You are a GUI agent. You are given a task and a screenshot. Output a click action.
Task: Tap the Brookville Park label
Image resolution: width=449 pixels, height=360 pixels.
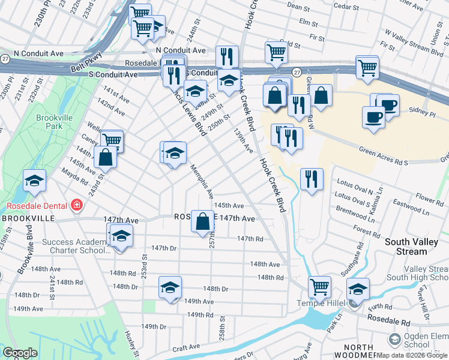[49, 122]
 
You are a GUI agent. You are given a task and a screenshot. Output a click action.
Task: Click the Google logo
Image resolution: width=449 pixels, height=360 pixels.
[20, 353]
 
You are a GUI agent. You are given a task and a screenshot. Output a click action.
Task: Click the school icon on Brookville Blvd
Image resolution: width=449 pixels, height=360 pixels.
[34, 181]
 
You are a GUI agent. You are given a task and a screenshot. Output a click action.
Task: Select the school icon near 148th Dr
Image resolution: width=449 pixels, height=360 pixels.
[170, 287]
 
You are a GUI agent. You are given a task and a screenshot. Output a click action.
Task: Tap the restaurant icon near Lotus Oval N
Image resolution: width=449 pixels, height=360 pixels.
[312, 179]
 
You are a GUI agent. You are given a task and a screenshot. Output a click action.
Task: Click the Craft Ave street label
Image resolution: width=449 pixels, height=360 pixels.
[186, 347]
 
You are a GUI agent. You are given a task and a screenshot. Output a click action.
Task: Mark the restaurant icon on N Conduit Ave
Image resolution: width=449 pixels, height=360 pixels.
[227, 56]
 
